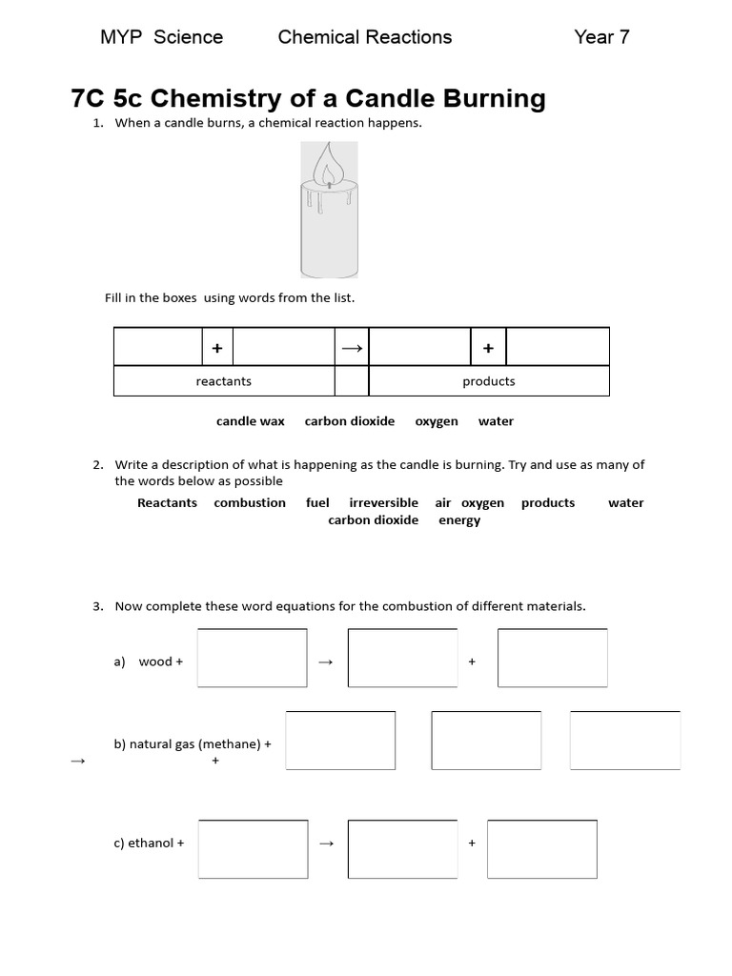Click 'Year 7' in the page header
pyautogui.click(x=601, y=37)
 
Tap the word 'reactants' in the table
pyautogui.click(x=223, y=381)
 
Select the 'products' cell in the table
pyautogui.click(x=488, y=381)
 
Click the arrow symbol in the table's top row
pyautogui.click(x=351, y=348)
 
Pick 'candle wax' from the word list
pyautogui.click(x=251, y=421)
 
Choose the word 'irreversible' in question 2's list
pyautogui.click(x=383, y=503)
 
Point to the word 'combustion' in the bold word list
pyautogui.click(x=250, y=503)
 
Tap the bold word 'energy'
pyautogui.click(x=459, y=520)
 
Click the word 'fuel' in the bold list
pyautogui.click(x=317, y=503)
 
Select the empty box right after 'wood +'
pyautogui.click(x=253, y=658)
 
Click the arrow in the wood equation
pyautogui.click(x=325, y=661)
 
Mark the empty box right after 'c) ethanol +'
pyautogui.click(x=254, y=848)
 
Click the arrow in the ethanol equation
pyautogui.click(x=326, y=844)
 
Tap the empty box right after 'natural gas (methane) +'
pyautogui.click(x=340, y=741)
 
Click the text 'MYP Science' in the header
pyautogui.click(x=161, y=37)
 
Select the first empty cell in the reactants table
pyautogui.click(x=158, y=347)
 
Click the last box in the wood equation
pyautogui.click(x=553, y=658)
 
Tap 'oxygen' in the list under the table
pyautogui.click(x=437, y=421)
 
